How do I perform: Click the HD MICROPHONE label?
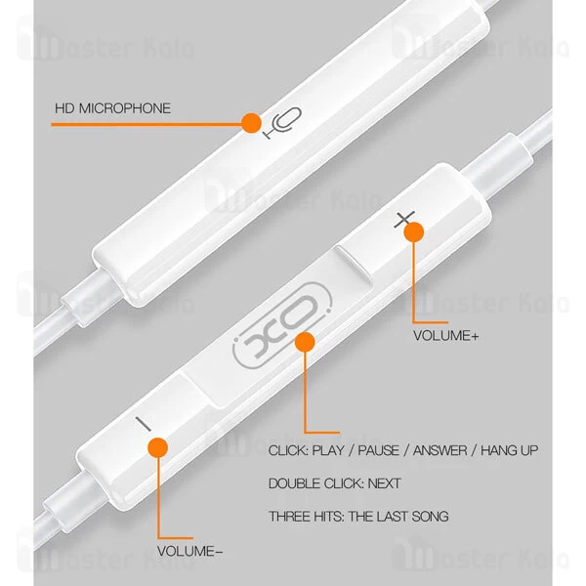click(112, 108)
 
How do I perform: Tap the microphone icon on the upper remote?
click(283, 123)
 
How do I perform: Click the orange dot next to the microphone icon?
click(251, 123)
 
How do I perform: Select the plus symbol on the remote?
click(404, 220)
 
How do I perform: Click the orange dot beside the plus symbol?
click(414, 232)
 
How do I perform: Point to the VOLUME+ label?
click(446, 336)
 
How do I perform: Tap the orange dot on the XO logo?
click(305, 342)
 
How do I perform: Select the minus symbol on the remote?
click(144, 424)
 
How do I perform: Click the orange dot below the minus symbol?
click(157, 447)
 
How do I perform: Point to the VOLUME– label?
click(189, 551)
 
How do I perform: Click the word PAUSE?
click(378, 450)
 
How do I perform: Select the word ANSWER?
click(439, 450)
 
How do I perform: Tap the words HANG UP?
click(510, 450)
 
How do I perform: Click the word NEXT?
click(384, 483)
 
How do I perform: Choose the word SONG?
click(430, 517)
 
